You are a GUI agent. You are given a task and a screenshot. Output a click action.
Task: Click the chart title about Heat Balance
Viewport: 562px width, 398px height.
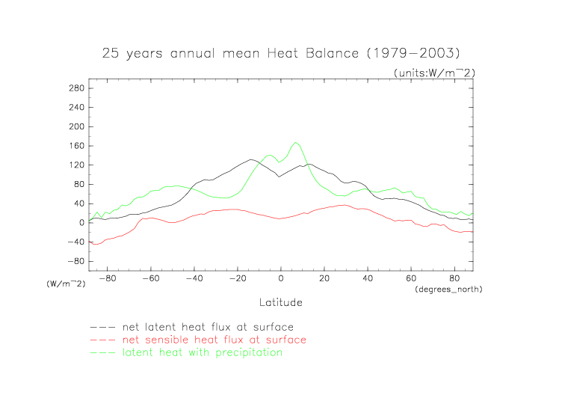[x=280, y=54]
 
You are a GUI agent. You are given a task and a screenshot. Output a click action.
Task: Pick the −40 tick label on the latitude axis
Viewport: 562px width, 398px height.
[x=193, y=278]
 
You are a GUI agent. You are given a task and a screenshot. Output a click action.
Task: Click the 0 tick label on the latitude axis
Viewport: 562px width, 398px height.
[x=281, y=278]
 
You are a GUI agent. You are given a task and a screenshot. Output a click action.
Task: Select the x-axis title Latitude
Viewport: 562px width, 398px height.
[x=281, y=302]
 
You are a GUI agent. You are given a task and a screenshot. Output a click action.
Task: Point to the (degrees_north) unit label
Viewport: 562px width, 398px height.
[x=448, y=289]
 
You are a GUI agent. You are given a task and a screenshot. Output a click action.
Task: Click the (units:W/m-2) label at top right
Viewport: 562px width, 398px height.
[x=434, y=73]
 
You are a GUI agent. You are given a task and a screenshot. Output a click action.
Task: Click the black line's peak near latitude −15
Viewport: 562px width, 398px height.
[x=250, y=159]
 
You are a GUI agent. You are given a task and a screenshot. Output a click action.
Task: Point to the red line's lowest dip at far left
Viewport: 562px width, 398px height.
[x=95, y=244]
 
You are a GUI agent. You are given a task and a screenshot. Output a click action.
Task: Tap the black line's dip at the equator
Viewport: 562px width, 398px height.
[x=280, y=177]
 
